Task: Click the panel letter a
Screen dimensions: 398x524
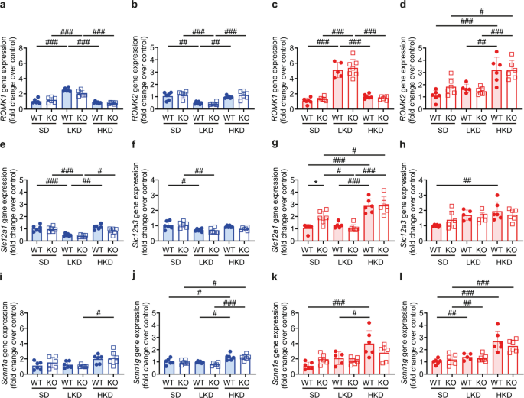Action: tap(5, 6)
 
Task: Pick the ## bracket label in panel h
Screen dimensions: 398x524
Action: tap(466, 182)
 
